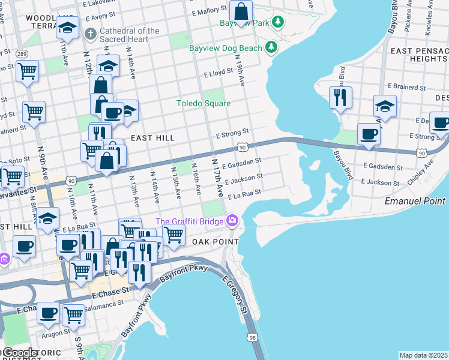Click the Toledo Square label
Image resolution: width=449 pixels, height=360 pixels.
point(203,103)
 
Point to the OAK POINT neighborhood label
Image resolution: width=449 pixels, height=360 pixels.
point(212,241)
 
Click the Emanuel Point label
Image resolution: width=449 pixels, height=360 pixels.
point(415,200)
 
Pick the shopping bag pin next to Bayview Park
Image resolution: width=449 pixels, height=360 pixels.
point(241,12)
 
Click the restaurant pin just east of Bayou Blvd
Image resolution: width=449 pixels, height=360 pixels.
point(340,97)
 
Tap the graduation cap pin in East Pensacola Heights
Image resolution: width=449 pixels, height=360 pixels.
point(385,106)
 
